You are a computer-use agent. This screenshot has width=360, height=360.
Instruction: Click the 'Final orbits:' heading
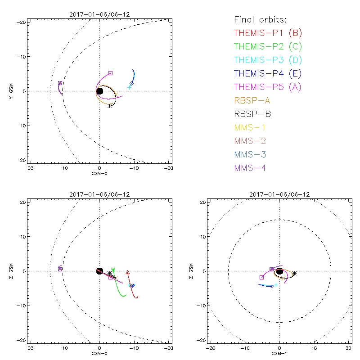261,19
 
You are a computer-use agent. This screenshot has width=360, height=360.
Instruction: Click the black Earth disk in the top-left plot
99,91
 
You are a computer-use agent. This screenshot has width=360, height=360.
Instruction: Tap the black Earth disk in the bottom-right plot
279,271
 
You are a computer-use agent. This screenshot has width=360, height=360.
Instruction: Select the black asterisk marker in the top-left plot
110,106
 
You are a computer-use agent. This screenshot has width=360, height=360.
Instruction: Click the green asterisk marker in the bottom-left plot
113,270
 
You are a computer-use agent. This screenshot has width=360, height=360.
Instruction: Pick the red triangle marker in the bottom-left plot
128,272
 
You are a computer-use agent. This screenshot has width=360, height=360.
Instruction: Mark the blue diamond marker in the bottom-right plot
272,286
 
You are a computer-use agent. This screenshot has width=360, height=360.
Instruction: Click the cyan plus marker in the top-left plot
130,86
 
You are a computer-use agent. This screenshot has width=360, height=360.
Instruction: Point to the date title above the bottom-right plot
279,194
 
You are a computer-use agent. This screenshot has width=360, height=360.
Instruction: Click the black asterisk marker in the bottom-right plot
294,273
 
